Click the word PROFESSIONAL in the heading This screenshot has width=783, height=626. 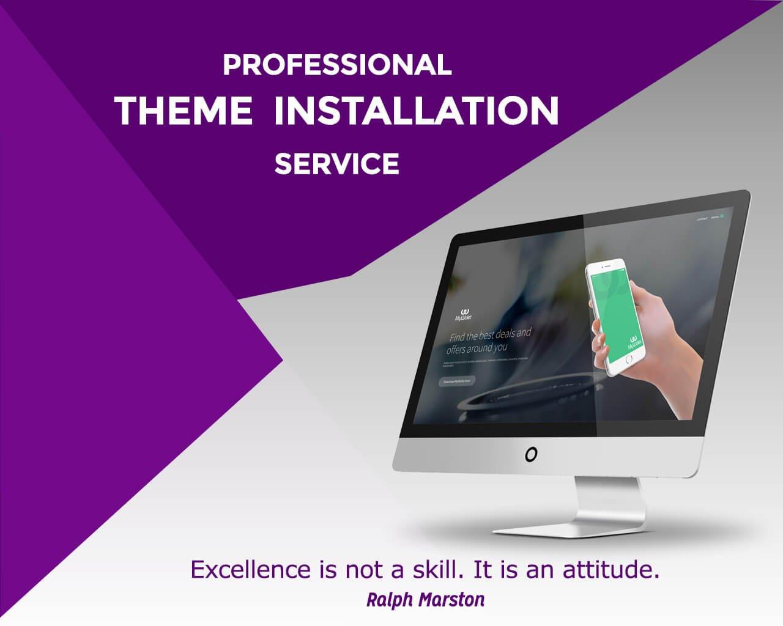point(337,65)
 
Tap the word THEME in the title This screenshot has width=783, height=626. point(184,111)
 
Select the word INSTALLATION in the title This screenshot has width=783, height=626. point(416,111)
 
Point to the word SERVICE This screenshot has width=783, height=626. point(337,164)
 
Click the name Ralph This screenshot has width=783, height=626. point(390,600)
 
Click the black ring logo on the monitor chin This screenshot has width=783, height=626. point(531,454)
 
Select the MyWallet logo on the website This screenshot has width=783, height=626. point(463,314)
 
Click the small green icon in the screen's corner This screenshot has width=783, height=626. point(722,216)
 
